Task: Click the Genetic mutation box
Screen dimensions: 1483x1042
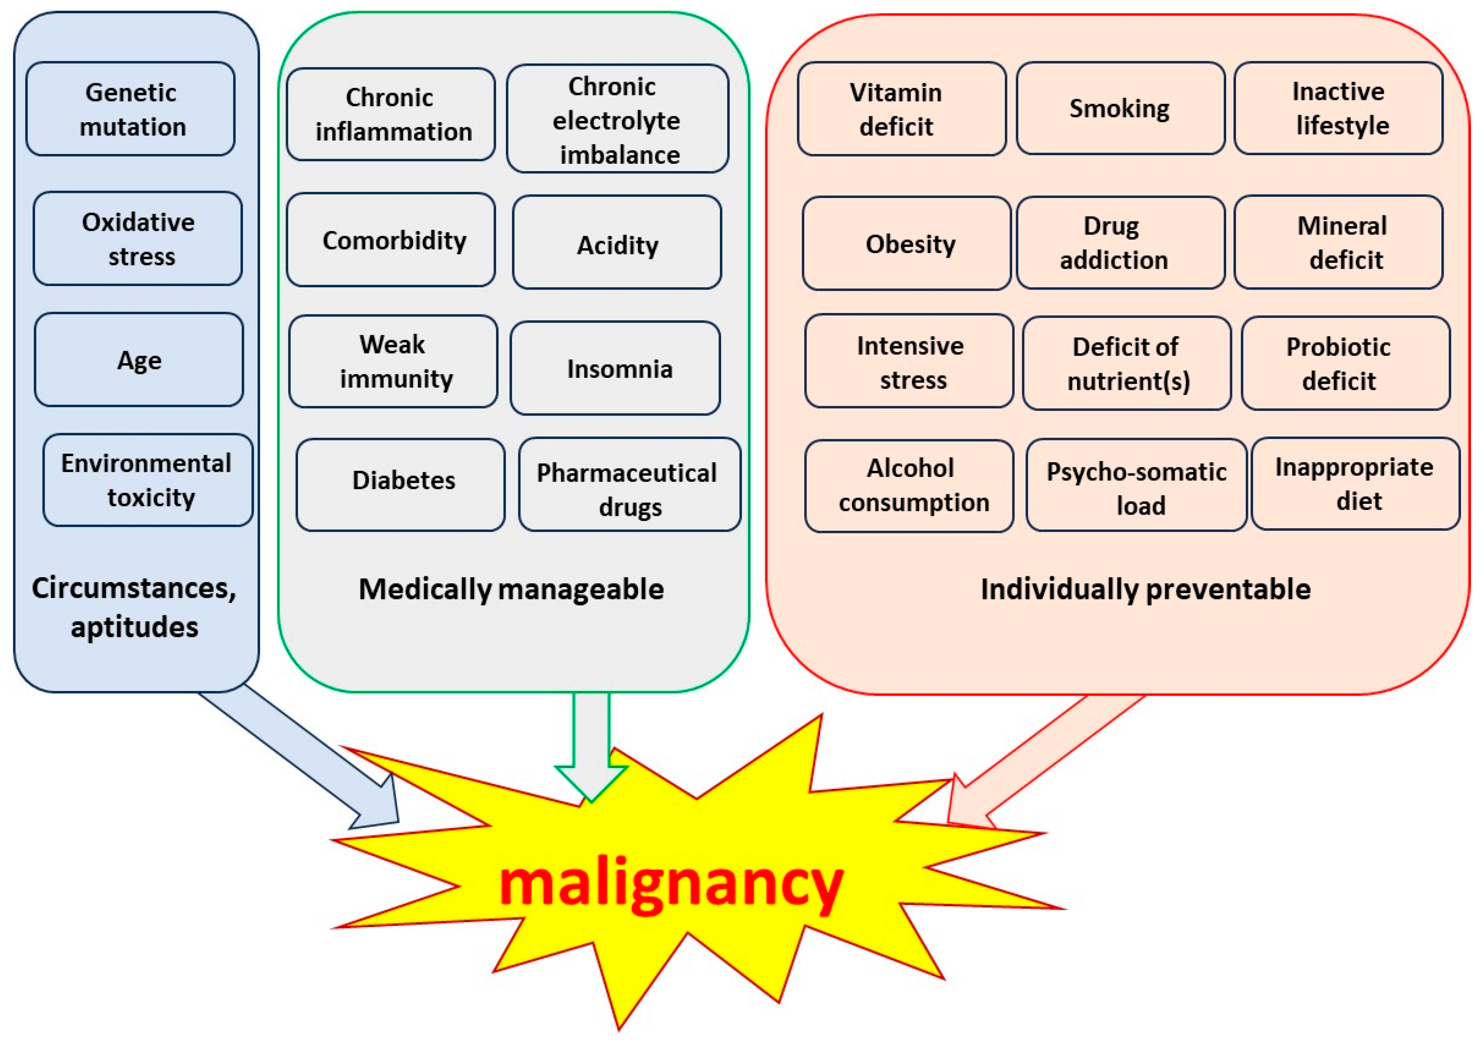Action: [x=130, y=108]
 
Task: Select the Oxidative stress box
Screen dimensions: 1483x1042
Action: [x=138, y=238]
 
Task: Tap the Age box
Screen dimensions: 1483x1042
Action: [x=139, y=360]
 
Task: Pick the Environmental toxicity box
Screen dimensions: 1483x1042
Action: [x=148, y=480]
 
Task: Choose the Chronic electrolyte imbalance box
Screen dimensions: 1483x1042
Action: [x=617, y=118]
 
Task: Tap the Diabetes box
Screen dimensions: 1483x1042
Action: [x=400, y=485]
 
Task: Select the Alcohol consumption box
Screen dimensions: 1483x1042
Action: [x=909, y=486]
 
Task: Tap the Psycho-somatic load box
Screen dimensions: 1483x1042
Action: [x=1137, y=485]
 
